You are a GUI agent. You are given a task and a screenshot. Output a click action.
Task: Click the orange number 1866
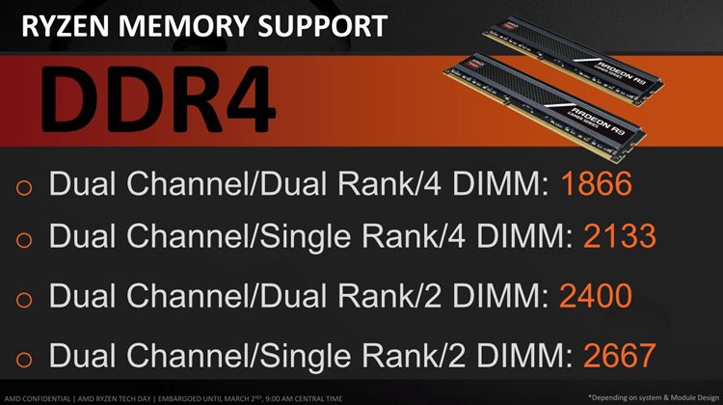tap(596, 183)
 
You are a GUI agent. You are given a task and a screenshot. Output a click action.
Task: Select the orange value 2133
tap(619, 235)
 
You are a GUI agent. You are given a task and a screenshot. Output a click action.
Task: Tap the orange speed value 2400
tap(596, 295)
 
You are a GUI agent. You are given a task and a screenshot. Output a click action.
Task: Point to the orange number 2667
tap(619, 355)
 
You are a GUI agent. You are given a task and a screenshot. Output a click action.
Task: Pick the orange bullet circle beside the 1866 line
tap(24, 187)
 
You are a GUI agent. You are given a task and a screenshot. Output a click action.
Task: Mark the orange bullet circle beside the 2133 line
tap(24, 239)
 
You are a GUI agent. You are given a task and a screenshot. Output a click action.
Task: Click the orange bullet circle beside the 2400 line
tap(24, 299)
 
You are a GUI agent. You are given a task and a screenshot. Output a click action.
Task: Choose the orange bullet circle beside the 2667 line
tap(24, 359)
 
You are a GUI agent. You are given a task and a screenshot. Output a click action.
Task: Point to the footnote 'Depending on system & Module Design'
tap(654, 397)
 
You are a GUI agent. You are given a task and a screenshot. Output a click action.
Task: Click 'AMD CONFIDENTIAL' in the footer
tap(38, 398)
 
